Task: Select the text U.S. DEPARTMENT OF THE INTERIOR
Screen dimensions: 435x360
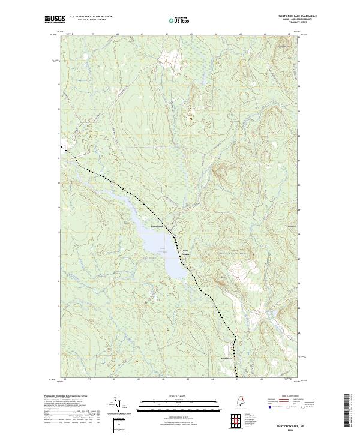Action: click(x=91, y=17)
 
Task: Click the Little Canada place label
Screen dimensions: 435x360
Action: click(x=185, y=252)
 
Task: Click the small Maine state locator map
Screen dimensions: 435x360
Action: click(x=239, y=403)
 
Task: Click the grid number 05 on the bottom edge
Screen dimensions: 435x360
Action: click(x=236, y=379)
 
